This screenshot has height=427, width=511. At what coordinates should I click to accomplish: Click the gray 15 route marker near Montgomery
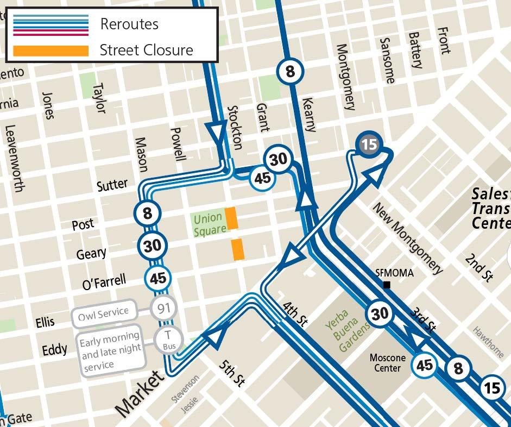pyautogui.click(x=369, y=145)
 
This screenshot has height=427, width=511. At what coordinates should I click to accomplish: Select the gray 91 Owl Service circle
pyautogui.click(x=161, y=309)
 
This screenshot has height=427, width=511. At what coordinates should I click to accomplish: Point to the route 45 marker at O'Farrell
pyautogui.click(x=158, y=279)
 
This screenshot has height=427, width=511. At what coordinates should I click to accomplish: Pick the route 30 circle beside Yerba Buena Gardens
pyautogui.click(x=380, y=314)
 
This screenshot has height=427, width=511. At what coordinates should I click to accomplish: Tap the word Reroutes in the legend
pyautogui.click(x=129, y=24)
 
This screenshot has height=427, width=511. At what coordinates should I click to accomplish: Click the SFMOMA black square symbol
pyautogui.click(x=387, y=285)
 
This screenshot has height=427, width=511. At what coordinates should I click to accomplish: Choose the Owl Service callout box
pyautogui.click(x=104, y=312)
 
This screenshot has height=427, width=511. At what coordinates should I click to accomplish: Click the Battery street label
pyautogui.click(x=415, y=50)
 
